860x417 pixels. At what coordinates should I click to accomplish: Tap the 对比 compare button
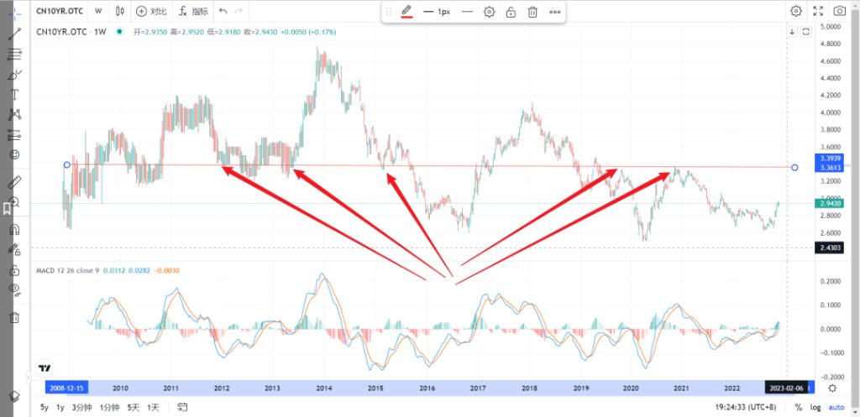(x=152, y=12)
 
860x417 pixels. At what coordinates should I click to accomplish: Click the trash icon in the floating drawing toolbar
(x=532, y=12)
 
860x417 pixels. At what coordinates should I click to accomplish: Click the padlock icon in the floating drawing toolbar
(x=511, y=12)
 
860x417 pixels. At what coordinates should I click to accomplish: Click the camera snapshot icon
(x=839, y=11)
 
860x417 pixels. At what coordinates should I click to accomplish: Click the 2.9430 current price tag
(x=831, y=203)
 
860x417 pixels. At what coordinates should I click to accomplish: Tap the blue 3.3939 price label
(x=831, y=158)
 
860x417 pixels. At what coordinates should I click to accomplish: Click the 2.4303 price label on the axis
(x=831, y=248)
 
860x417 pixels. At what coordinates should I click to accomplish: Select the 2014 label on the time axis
(x=322, y=388)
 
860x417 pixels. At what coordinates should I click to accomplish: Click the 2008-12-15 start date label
(x=66, y=388)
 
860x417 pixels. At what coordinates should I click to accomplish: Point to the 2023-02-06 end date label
(x=789, y=388)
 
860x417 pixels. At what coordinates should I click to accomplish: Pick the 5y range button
(x=44, y=407)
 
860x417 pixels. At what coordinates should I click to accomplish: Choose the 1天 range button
(x=153, y=407)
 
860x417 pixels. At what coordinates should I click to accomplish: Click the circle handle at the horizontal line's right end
(x=794, y=167)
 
